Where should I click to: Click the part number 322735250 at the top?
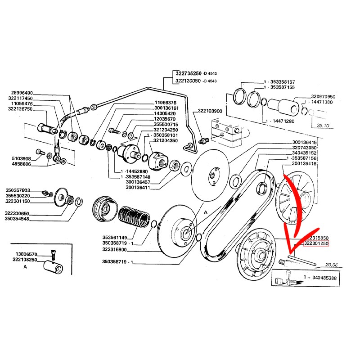pos(189,73)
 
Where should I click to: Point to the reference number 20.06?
pos(331,265)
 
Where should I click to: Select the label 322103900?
pos(210,111)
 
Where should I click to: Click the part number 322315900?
pos(114,250)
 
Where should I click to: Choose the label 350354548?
pos(17,218)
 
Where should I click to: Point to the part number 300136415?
pos(304,143)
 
